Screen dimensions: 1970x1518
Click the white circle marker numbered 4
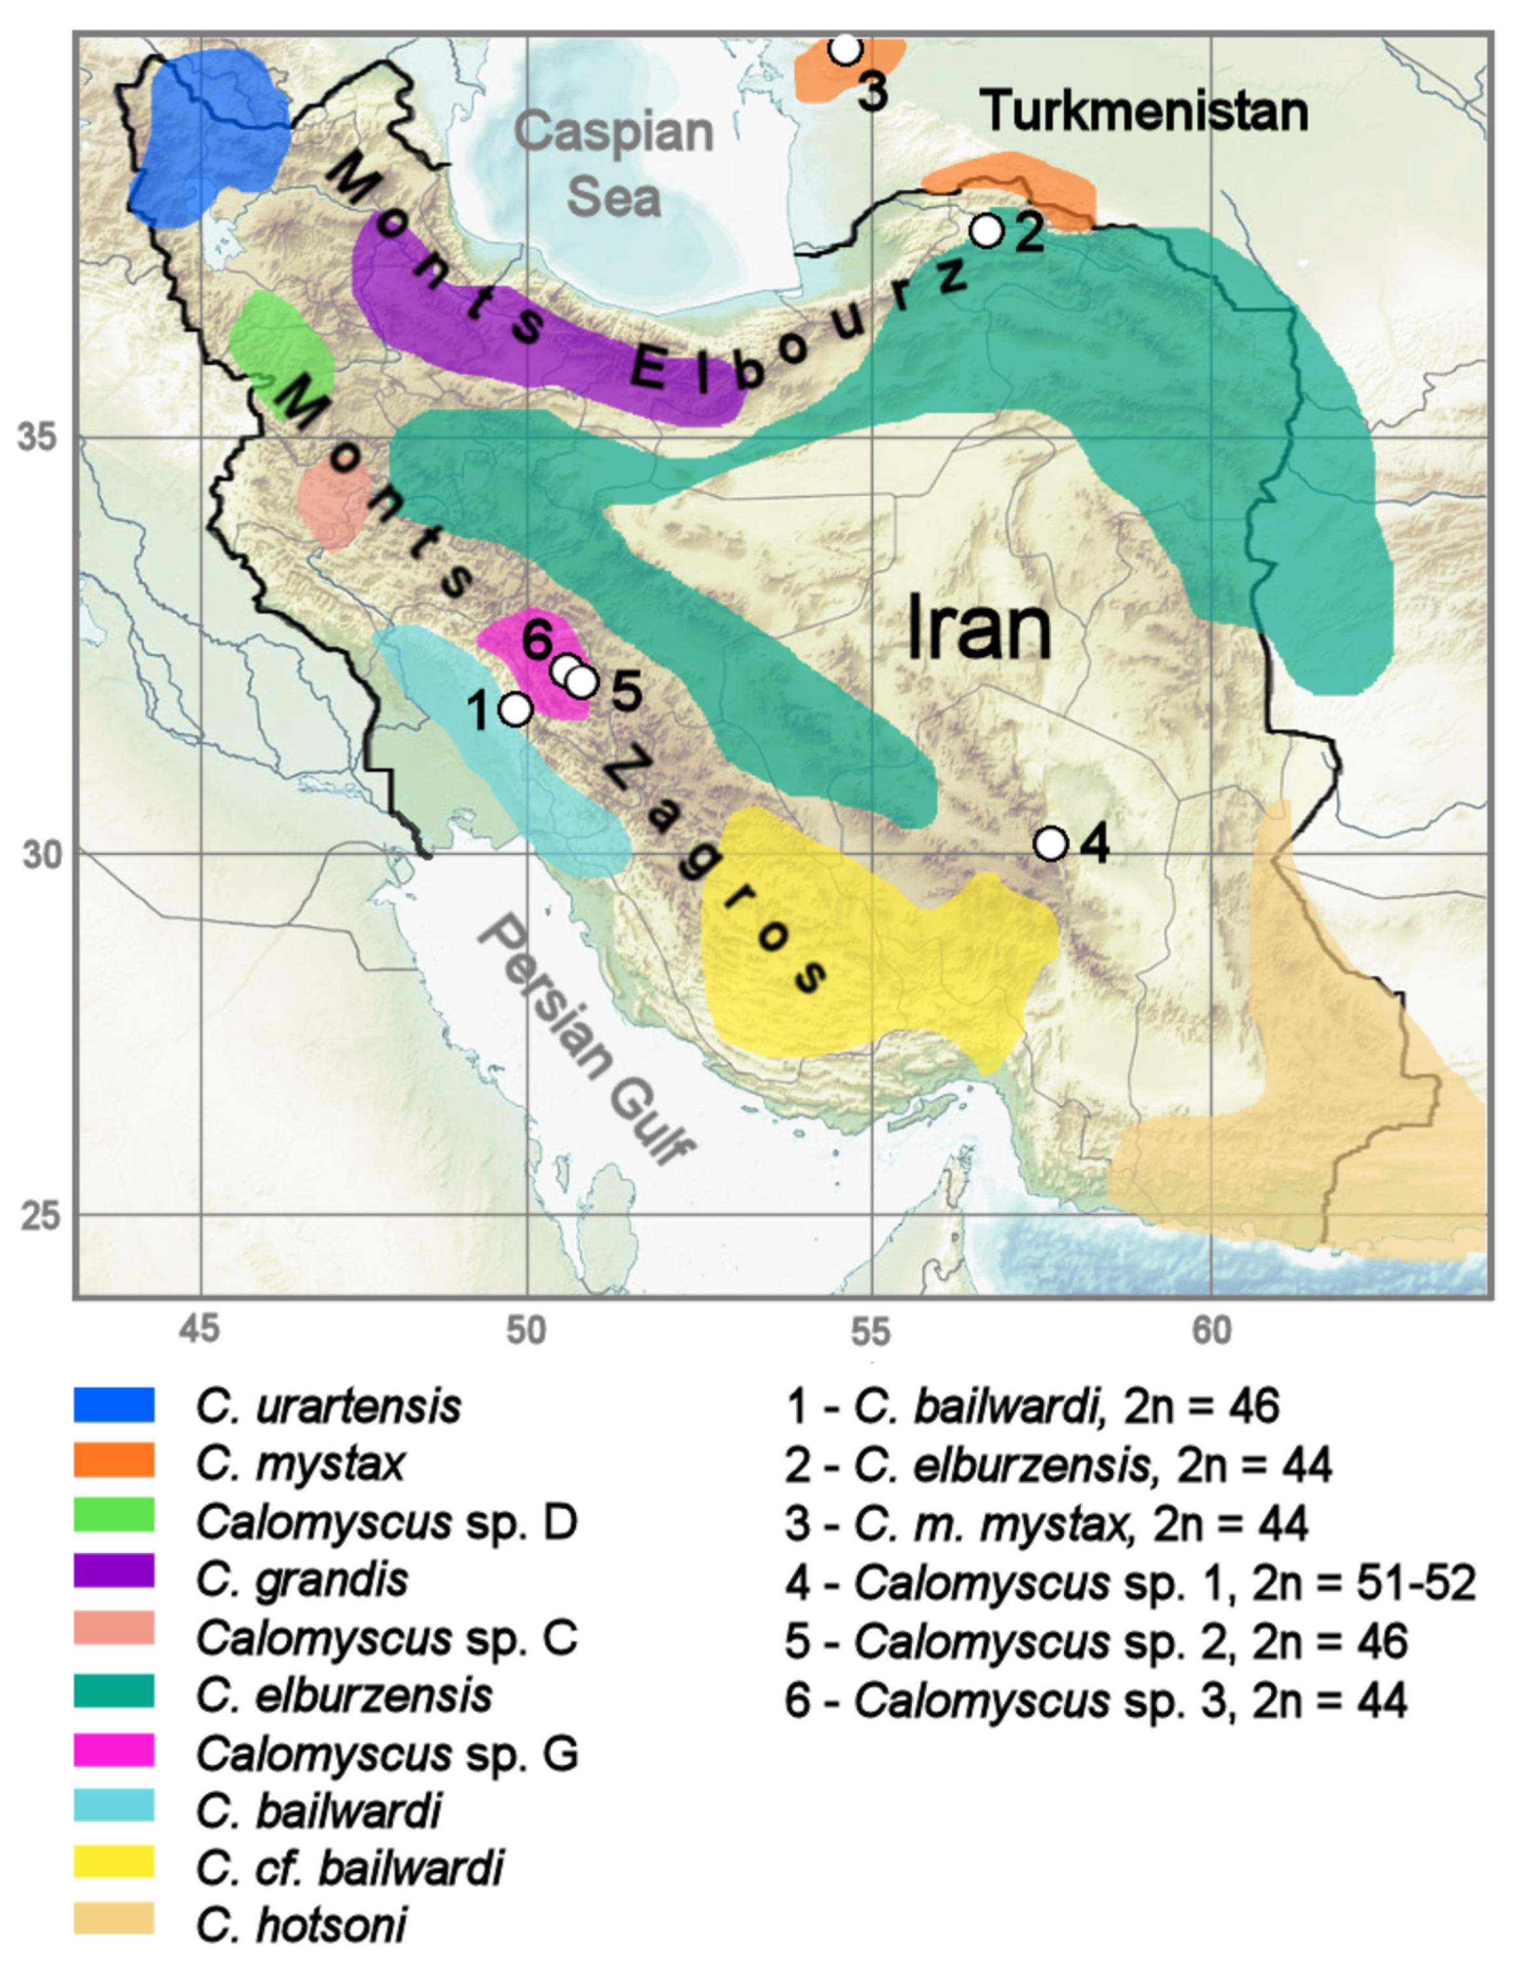(1051, 843)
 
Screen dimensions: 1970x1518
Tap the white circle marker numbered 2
(988, 230)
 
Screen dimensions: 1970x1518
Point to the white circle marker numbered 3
(845, 47)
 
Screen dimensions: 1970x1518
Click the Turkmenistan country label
(1145, 111)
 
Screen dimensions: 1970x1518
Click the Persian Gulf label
(586, 1042)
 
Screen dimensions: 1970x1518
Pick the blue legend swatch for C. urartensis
(114, 1405)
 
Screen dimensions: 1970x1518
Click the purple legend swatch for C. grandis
(114, 1578)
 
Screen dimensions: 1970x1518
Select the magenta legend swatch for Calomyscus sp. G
(114, 1751)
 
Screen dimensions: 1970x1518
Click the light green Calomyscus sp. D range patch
(282, 352)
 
